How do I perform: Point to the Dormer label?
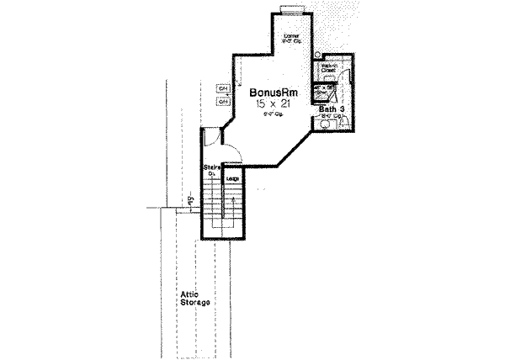[x=292, y=36]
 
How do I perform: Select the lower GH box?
[x=223, y=102]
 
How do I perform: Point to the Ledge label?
[x=230, y=178]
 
